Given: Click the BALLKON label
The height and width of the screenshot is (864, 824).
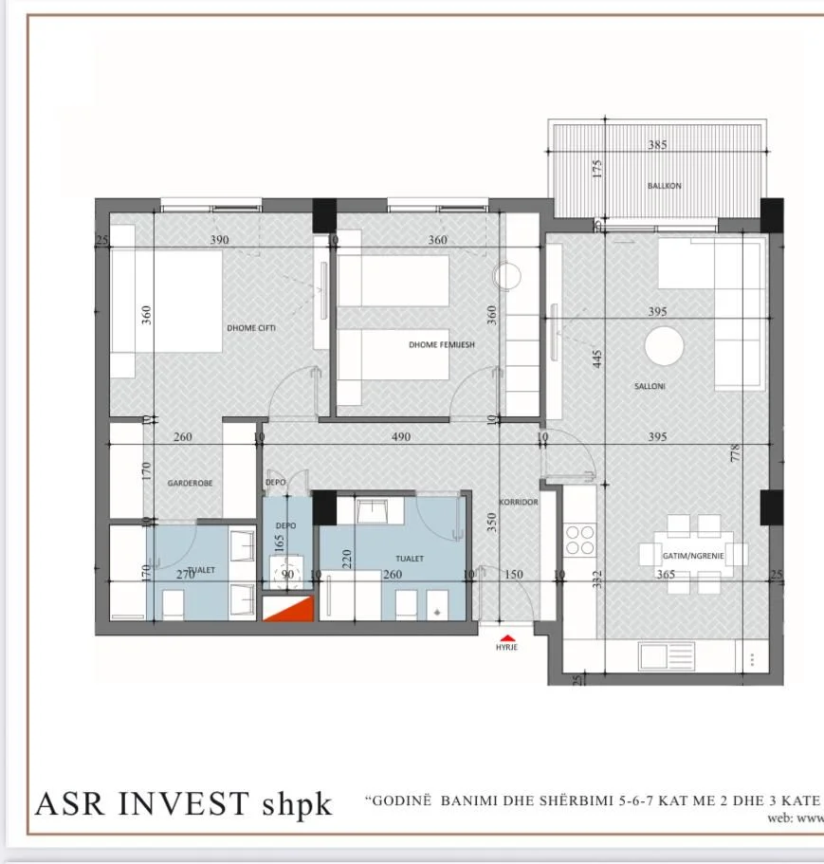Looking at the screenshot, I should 664,186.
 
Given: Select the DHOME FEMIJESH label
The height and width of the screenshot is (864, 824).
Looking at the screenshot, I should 442,345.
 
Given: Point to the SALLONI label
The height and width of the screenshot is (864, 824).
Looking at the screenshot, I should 650,386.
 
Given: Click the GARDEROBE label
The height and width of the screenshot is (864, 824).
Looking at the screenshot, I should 190,483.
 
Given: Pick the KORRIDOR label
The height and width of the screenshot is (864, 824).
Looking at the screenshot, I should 520,502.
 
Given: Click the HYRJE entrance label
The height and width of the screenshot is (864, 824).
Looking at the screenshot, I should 507,648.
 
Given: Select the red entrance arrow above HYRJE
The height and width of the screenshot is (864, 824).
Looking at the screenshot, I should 507,636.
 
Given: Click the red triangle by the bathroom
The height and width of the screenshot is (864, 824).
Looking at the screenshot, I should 287,610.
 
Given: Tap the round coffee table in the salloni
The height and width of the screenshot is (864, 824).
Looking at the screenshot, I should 664,346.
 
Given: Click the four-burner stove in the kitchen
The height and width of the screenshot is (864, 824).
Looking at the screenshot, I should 579,539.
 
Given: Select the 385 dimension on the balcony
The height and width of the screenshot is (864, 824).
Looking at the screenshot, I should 657,145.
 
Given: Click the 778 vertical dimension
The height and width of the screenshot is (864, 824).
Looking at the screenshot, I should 735,453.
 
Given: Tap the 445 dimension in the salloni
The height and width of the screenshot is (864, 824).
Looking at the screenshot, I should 598,360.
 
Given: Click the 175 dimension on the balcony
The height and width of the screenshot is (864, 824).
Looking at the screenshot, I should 597,169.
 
